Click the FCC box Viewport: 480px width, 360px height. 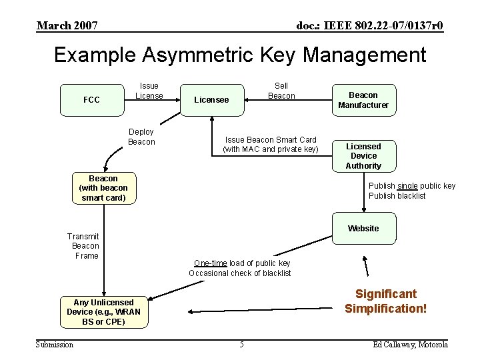[x=91, y=100]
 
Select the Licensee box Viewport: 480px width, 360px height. [x=211, y=100]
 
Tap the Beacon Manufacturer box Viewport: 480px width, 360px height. [x=363, y=100]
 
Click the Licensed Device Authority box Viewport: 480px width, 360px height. [x=363, y=156]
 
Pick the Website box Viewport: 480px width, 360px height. [x=363, y=229]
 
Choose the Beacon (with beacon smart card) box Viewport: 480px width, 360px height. [x=103, y=188]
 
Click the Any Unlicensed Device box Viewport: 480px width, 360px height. [x=103, y=312]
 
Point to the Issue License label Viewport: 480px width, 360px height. [x=149, y=91]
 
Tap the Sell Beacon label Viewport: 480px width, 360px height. [x=281, y=91]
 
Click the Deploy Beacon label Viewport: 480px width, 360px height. [x=141, y=137]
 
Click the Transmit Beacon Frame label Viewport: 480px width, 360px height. [x=83, y=246]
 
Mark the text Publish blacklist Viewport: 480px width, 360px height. [x=397, y=195]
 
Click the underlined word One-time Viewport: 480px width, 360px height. [x=210, y=263]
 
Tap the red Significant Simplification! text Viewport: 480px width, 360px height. [x=385, y=301]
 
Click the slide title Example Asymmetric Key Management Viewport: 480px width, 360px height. [x=240, y=55]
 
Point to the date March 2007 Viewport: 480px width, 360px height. [x=67, y=26]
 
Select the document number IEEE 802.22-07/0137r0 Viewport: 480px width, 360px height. [x=369, y=26]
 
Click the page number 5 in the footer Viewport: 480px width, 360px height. [x=241, y=344]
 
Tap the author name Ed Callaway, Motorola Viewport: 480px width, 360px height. [x=411, y=344]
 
